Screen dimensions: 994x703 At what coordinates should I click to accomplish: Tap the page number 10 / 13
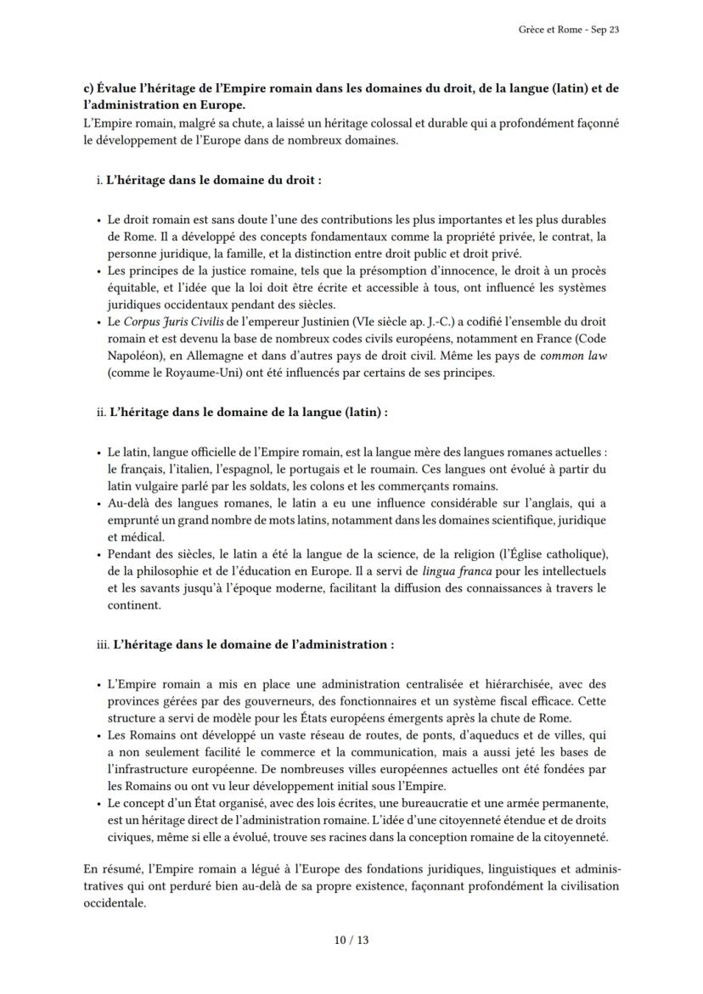click(351, 940)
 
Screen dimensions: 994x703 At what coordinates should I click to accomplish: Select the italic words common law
click(575, 357)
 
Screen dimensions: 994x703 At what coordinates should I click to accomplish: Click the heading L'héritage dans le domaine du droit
click(217, 180)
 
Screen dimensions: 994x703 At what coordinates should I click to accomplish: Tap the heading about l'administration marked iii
click(253, 644)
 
